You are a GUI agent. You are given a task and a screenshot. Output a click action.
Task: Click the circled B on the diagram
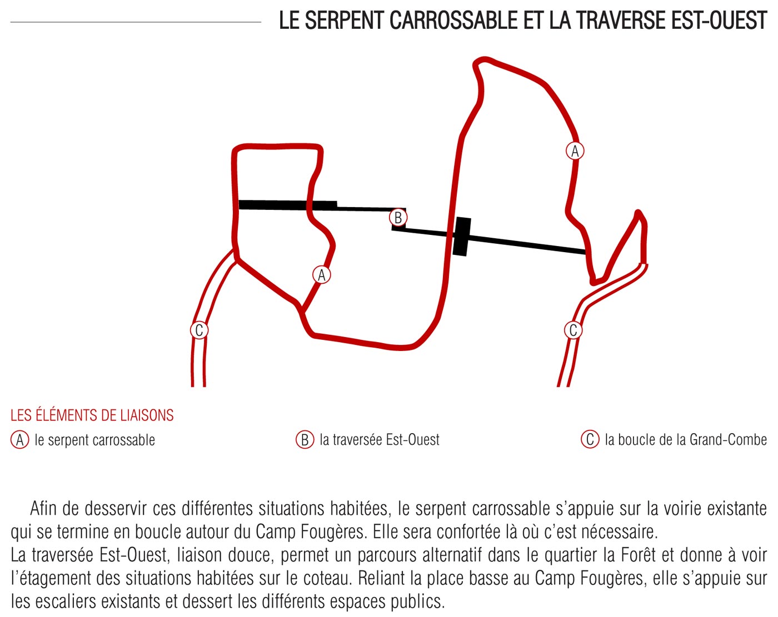(x=398, y=218)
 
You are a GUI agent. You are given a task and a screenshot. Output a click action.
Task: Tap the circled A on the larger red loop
(x=575, y=151)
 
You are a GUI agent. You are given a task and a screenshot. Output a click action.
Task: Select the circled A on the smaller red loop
(x=321, y=275)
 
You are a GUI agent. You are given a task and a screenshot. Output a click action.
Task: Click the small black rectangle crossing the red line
(x=461, y=237)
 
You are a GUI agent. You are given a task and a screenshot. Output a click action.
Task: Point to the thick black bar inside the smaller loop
(x=287, y=205)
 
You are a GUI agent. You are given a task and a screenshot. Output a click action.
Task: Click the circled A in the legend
(x=20, y=440)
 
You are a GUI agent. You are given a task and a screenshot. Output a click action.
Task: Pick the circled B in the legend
(x=305, y=440)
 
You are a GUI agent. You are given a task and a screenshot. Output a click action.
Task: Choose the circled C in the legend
(x=590, y=439)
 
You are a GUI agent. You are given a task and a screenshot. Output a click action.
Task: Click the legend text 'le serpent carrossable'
(x=94, y=440)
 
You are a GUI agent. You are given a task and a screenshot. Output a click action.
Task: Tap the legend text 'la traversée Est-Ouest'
(x=380, y=440)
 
